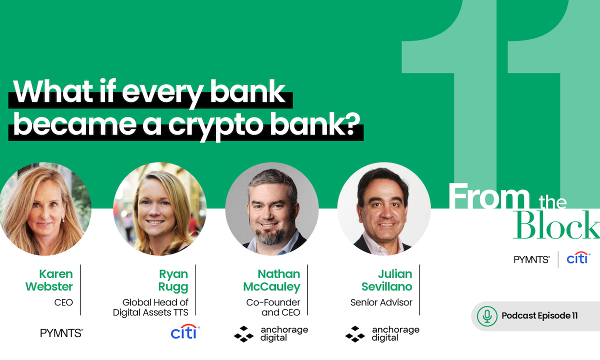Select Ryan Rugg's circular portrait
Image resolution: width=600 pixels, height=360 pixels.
point(160,209)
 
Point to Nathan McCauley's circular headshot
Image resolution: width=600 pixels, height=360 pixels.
point(271,209)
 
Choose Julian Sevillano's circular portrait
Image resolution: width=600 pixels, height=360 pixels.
point(383,209)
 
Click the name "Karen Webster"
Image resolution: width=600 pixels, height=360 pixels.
point(55,280)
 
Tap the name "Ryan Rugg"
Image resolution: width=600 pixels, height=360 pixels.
point(173,280)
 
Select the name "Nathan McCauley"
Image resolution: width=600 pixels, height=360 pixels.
point(271,280)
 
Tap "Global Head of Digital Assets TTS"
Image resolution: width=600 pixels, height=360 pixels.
point(155,307)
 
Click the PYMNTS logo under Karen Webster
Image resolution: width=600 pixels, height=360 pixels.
point(61,333)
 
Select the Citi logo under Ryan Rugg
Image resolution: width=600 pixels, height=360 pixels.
point(184,332)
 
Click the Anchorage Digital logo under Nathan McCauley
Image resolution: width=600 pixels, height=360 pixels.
point(271,333)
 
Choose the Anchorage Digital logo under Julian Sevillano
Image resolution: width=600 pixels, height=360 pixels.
point(382,333)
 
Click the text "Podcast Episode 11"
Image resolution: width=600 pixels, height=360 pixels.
point(539,315)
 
